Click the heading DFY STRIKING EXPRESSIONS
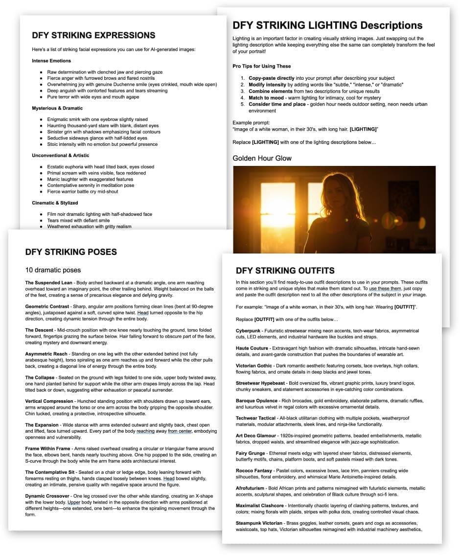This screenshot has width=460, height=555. pos(93,35)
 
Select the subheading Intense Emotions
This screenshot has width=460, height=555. pos(51,61)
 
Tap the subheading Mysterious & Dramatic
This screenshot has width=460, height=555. pos(57,108)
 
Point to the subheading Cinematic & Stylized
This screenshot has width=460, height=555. pos(55,203)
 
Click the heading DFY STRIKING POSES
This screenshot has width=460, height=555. pos(71,252)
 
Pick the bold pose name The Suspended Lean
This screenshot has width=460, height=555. pos(46,283)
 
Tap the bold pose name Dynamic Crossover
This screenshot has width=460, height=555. pos(47,496)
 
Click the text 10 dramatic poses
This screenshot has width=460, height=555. pos(53,270)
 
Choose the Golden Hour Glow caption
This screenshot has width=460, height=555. pos(262,158)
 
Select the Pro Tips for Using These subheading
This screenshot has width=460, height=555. pos(261,66)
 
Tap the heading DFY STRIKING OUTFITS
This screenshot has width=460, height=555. pos(285,270)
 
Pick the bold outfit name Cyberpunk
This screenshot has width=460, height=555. pos(248,331)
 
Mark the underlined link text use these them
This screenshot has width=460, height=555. pos(386,289)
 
